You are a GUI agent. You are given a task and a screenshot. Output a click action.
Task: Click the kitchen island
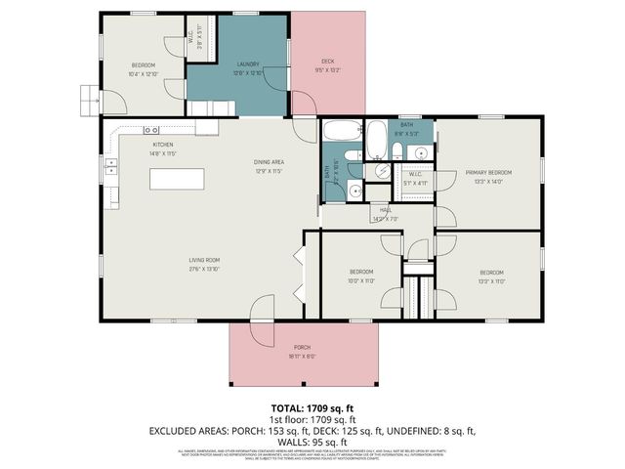[177, 180]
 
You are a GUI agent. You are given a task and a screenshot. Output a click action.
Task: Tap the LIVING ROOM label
[204, 260]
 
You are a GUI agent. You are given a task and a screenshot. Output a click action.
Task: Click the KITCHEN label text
[162, 144]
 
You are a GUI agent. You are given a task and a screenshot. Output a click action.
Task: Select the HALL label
[386, 210]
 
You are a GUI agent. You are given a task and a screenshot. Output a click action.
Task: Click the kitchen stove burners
[152, 130]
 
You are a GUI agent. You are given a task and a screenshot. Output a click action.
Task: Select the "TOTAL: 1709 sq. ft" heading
[312, 406]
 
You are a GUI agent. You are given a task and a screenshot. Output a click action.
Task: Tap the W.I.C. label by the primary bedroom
[415, 176]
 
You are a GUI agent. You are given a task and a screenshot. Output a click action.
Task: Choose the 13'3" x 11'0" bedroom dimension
[491, 281]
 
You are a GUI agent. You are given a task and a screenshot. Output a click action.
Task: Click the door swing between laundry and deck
[303, 102]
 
